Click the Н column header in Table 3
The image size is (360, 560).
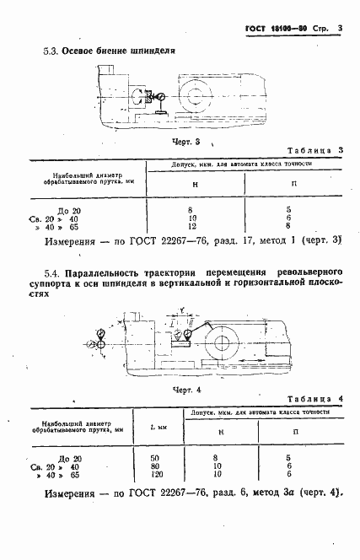[195, 183]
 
